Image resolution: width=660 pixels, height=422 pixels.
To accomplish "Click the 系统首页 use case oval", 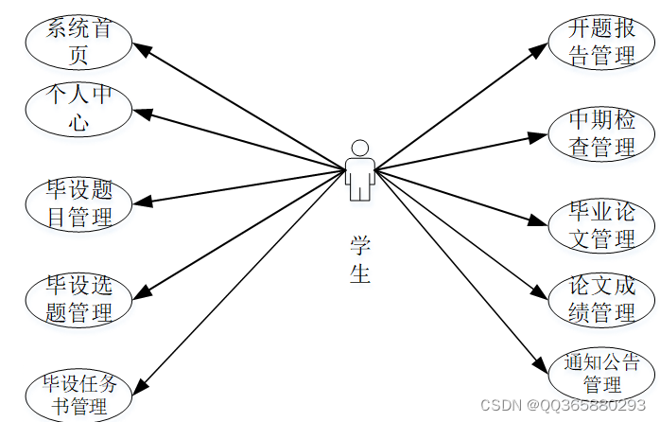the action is [x=78, y=42].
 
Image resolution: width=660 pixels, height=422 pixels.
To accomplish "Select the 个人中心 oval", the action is [x=78, y=108].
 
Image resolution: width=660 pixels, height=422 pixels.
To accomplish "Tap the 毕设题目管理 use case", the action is [x=79, y=202].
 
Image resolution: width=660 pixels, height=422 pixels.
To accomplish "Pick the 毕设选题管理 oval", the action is [x=79, y=298].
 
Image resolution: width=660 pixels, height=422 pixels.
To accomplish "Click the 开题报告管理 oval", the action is [x=601, y=41].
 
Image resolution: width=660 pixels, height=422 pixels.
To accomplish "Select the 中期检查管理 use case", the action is [x=601, y=132].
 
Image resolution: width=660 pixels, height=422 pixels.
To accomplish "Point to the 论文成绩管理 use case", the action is [x=601, y=299].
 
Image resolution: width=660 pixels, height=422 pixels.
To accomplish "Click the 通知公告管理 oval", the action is [x=601, y=373].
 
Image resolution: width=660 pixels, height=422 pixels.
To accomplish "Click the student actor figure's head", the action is [x=359, y=148].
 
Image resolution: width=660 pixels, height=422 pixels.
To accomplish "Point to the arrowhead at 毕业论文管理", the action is [x=541, y=221].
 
